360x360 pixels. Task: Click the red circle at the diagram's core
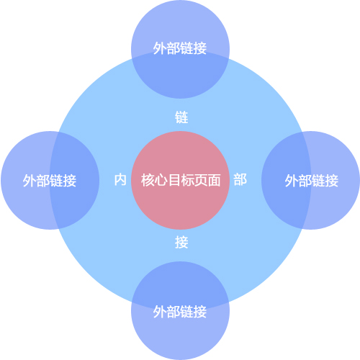pyautogui.click(x=180, y=180)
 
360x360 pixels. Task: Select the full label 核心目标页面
pyautogui.click(x=181, y=180)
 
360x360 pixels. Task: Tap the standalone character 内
pyautogui.click(x=120, y=180)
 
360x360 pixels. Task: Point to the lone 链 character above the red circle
pyautogui.click(x=181, y=117)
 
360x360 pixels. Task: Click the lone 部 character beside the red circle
pyautogui.click(x=240, y=180)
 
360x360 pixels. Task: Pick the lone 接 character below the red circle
pyautogui.click(x=181, y=242)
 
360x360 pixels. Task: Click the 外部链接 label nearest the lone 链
pyautogui.click(x=180, y=48)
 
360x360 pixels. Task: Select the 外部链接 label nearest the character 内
pyautogui.click(x=50, y=181)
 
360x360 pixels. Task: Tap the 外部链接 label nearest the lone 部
pyautogui.click(x=312, y=181)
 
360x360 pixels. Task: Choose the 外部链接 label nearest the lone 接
pyautogui.click(x=180, y=312)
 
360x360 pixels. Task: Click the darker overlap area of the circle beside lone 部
pyautogui.click(x=286, y=180)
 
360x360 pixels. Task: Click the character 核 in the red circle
pyautogui.click(x=148, y=180)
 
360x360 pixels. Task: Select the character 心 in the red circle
pyautogui.click(x=161, y=180)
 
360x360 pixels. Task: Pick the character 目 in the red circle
pyautogui.click(x=174, y=180)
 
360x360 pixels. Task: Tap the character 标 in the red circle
pyautogui.click(x=187, y=180)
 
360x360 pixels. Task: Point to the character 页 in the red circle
pyautogui.click(x=201, y=180)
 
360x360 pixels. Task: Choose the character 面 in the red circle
pyautogui.click(x=214, y=180)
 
